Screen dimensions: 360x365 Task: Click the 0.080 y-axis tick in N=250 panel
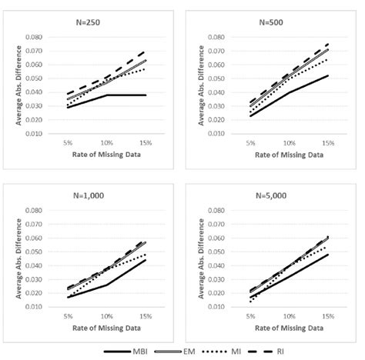click(32, 37)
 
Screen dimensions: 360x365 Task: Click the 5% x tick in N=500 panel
click(249, 143)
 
